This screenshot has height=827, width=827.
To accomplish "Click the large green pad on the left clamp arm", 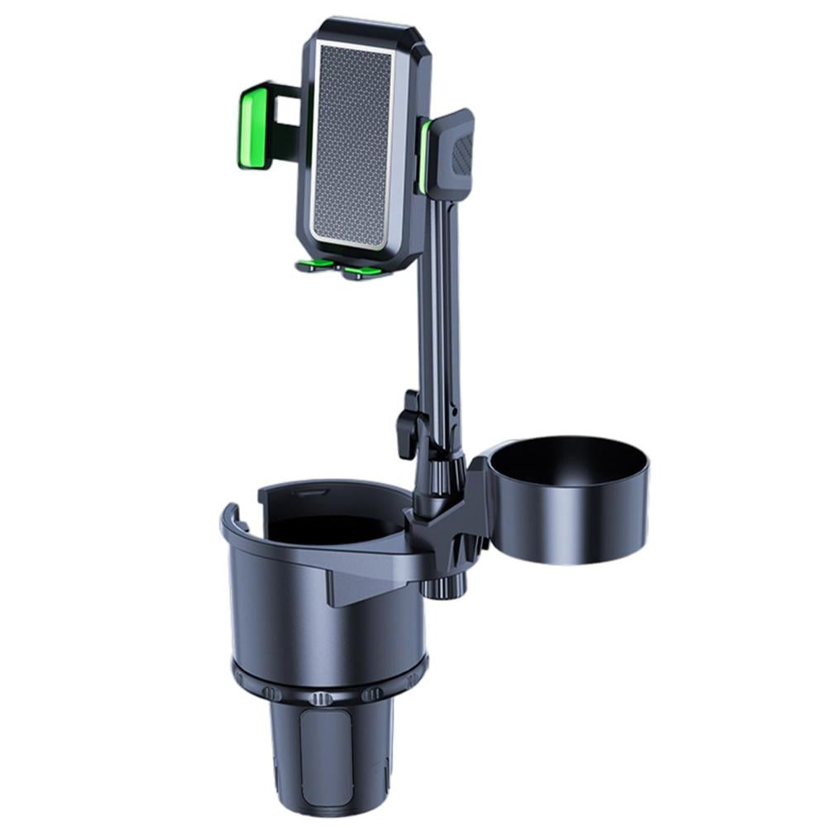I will (x=255, y=128).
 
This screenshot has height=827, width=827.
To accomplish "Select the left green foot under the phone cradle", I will (x=315, y=265).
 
